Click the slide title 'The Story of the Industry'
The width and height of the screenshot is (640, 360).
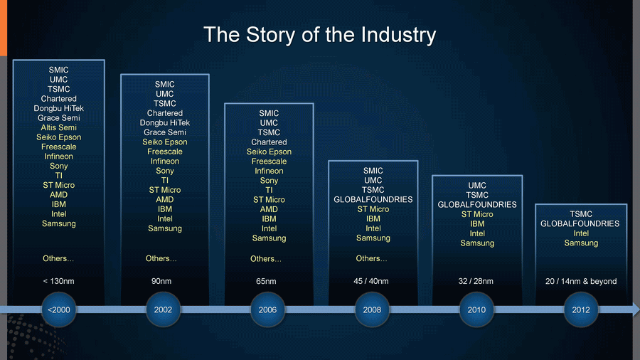(x=319, y=35)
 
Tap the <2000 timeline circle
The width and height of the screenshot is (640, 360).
(x=59, y=309)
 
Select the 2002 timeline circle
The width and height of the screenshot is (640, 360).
(x=163, y=309)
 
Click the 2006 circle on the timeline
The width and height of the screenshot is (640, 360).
(x=267, y=309)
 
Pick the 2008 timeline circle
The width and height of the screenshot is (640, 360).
(x=372, y=309)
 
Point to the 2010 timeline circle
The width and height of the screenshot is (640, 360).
(x=476, y=309)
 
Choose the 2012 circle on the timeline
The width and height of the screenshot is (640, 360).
(x=581, y=309)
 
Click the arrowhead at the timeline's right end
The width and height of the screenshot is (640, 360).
(x=636, y=309)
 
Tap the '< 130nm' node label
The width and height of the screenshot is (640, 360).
(x=58, y=281)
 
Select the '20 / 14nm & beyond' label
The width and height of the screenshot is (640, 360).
(x=581, y=281)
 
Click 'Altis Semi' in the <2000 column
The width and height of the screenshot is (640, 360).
(x=59, y=127)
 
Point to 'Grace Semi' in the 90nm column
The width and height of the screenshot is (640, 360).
(x=165, y=132)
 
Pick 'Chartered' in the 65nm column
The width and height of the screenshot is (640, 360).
(x=269, y=142)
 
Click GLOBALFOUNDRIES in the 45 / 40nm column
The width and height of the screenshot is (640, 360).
(x=373, y=200)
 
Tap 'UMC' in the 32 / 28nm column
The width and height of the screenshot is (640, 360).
(x=477, y=185)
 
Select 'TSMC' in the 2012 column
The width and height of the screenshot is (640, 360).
(x=581, y=214)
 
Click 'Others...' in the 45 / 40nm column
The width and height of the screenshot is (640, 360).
(x=371, y=258)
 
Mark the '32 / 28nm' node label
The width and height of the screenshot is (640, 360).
(x=476, y=281)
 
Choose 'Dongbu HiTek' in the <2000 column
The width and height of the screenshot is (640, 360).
(x=59, y=108)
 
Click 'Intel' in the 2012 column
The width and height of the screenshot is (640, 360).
(x=581, y=233)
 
